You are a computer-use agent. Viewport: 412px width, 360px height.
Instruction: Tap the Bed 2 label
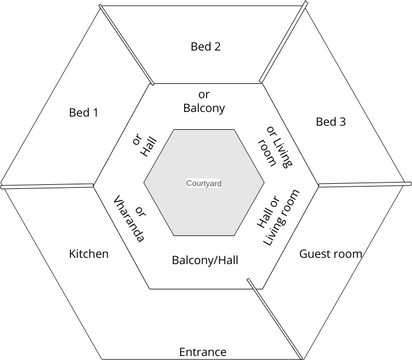(205, 46)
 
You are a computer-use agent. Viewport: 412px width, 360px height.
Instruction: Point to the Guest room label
(330, 254)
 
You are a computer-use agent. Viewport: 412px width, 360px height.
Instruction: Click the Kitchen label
(88, 254)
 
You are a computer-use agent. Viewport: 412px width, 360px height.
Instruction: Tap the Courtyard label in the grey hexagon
(204, 184)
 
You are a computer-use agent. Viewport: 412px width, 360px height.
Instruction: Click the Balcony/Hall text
(204, 263)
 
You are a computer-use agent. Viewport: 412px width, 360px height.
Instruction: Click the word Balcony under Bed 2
(204, 107)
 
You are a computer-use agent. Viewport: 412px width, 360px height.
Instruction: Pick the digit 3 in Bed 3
(344, 121)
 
